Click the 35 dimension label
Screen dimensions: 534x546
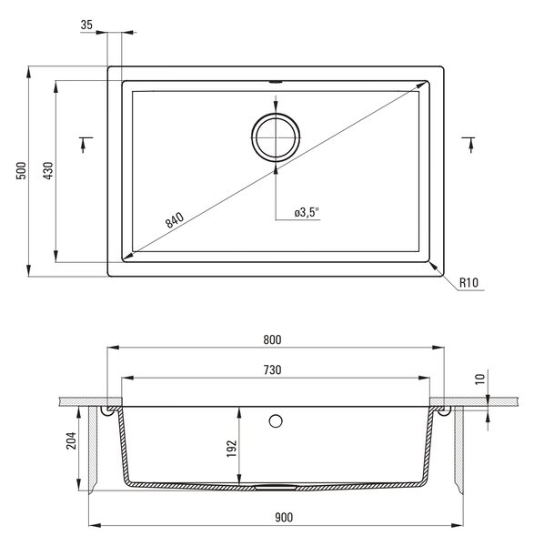coord(86,25)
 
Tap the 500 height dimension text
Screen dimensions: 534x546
coord(21,170)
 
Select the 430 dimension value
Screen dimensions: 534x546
coord(48,170)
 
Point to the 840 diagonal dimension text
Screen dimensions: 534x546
coord(174,219)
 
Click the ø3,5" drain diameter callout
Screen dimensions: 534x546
coord(307,212)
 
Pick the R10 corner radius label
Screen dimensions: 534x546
coord(469,282)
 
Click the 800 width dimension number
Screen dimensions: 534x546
coord(272,339)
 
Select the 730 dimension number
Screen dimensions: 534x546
coord(272,369)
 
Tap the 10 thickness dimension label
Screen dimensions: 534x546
coord(480,379)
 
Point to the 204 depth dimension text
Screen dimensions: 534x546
coord(71,440)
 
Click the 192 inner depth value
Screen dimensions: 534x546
coord(232,449)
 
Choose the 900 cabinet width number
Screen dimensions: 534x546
coord(284,517)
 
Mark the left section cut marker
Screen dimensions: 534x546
coord(85,145)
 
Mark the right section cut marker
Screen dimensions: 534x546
coord(469,145)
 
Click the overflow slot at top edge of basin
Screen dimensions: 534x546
coord(276,82)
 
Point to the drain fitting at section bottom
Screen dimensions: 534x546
coord(276,488)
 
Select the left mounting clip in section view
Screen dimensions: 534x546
coord(108,411)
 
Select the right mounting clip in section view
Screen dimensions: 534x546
coord(444,411)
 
